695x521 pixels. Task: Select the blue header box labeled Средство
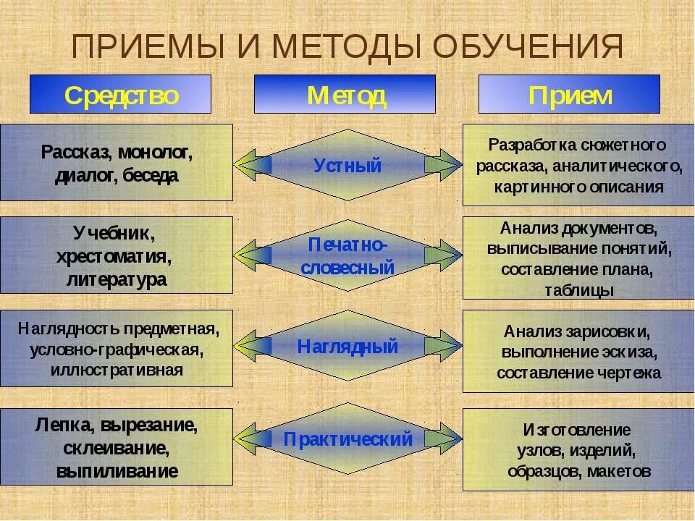tap(120, 95)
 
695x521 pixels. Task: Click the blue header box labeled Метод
tap(345, 95)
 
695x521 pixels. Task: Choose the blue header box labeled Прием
tap(570, 95)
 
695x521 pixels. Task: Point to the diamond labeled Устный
tap(347, 165)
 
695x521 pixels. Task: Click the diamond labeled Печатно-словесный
tap(347, 256)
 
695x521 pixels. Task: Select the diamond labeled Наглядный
tap(347, 347)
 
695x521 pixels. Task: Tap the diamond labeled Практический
tap(347, 439)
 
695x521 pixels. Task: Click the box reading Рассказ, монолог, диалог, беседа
tap(117, 163)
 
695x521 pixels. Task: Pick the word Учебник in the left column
tap(114, 233)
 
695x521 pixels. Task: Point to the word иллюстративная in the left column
tap(117, 370)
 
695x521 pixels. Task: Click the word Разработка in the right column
tap(525, 145)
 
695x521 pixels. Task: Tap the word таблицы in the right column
tap(579, 290)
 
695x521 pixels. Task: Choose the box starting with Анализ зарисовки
tap(578, 352)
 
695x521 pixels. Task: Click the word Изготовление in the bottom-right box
tap(577, 430)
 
